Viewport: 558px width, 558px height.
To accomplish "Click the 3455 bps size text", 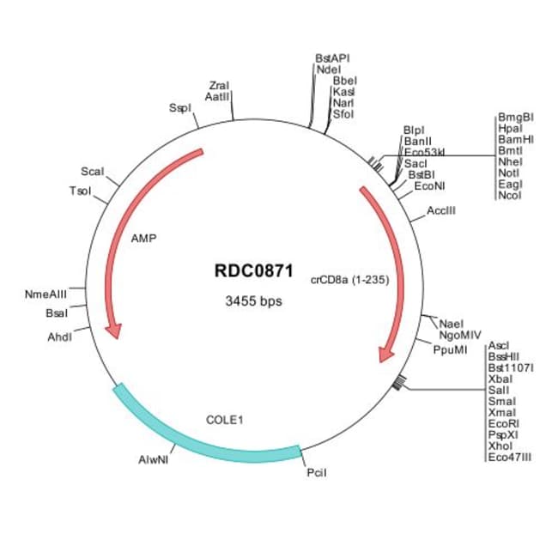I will pyautogui.click(x=252, y=301).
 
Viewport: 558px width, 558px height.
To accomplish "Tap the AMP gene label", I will pyautogui.click(x=143, y=239).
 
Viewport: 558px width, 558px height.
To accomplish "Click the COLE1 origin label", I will pyautogui.click(x=225, y=420).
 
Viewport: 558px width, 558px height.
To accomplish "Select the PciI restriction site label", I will pyautogui.click(x=316, y=473).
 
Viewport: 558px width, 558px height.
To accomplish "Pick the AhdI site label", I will pyautogui.click(x=59, y=337).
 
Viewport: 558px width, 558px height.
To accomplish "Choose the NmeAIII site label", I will pyautogui.click(x=46, y=294).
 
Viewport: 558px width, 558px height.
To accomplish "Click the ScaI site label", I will pyautogui.click(x=92, y=172).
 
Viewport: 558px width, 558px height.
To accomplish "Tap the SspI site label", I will pyautogui.click(x=179, y=108).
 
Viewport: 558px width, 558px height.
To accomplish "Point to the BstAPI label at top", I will pyautogui.click(x=332, y=58).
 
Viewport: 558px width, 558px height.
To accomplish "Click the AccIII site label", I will pyautogui.click(x=441, y=210).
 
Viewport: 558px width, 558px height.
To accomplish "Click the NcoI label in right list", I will pyautogui.click(x=510, y=196).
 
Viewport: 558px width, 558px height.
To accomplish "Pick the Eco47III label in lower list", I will pyautogui.click(x=509, y=458).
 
